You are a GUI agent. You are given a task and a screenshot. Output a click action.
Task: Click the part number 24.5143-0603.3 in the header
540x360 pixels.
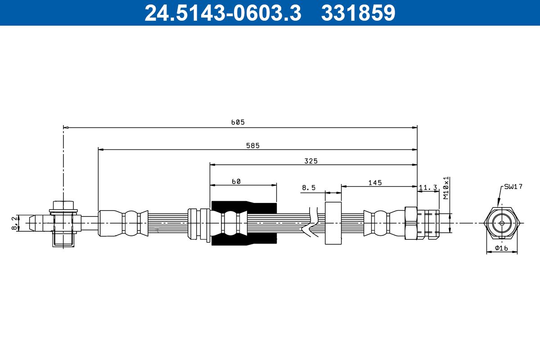(x=222, y=13)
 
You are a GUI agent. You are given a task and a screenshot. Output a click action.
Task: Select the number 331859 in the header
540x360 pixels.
(x=358, y=13)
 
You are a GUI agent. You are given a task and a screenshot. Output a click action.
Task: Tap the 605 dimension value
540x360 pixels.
(x=238, y=122)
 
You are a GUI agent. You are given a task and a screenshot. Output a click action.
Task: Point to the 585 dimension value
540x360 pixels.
(x=252, y=145)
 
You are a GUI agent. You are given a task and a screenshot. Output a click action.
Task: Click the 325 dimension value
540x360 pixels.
(x=311, y=161)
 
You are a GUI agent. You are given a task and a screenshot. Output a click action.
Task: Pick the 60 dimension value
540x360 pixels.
(x=236, y=181)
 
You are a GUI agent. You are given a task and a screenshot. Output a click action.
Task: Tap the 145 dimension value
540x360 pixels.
(x=375, y=182)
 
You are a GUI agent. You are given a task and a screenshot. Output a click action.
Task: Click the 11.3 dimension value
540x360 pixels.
(x=428, y=188)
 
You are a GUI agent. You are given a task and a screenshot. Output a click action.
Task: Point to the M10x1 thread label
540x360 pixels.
(x=446, y=188)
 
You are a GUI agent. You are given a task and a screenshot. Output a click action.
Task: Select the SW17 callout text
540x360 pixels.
(x=513, y=186)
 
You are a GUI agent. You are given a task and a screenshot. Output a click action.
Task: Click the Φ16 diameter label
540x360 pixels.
(x=502, y=248)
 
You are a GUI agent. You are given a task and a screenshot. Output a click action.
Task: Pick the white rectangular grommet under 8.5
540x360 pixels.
(x=333, y=223)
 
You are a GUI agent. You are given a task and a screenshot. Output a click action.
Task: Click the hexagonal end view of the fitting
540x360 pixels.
(x=502, y=223)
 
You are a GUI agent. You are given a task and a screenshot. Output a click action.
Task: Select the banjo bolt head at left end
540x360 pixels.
(x=63, y=206)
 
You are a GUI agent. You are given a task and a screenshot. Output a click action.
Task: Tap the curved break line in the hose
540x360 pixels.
(x=312, y=223)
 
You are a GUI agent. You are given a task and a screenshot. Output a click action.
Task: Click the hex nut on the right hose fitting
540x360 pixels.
(x=411, y=223)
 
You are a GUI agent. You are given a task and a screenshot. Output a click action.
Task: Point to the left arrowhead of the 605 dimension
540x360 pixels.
(x=66, y=128)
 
